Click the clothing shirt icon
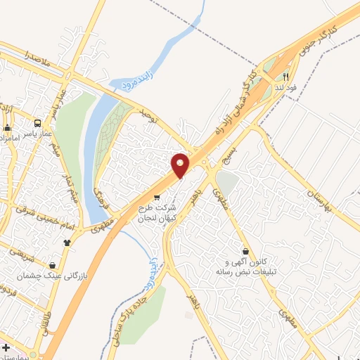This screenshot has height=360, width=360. [x=67, y=243]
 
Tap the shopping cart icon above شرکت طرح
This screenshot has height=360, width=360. [x=156, y=198]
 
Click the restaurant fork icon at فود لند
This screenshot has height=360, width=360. [x=286, y=77]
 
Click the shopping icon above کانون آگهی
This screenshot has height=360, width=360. [x=245, y=251]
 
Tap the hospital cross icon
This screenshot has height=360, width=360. [x=6, y=349]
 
